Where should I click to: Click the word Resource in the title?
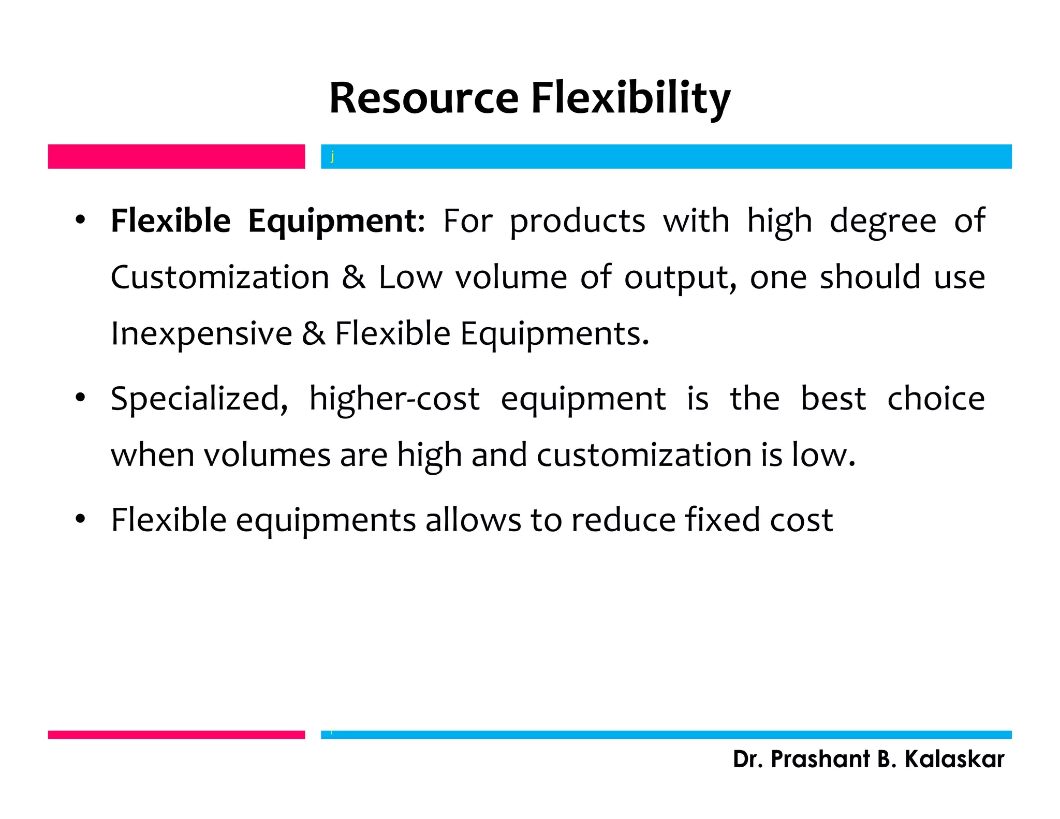423,98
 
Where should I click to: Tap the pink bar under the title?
176,156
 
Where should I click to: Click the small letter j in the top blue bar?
332,156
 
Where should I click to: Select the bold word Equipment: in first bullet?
336,222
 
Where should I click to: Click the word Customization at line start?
220,277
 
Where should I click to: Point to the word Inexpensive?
201,334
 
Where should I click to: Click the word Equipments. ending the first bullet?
554,334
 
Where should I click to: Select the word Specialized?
199,400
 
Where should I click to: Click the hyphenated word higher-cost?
394,400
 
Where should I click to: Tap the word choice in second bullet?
936,399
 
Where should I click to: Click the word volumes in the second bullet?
267,456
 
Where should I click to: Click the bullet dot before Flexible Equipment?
80,221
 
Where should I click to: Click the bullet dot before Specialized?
80,398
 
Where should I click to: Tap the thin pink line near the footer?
176,735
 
